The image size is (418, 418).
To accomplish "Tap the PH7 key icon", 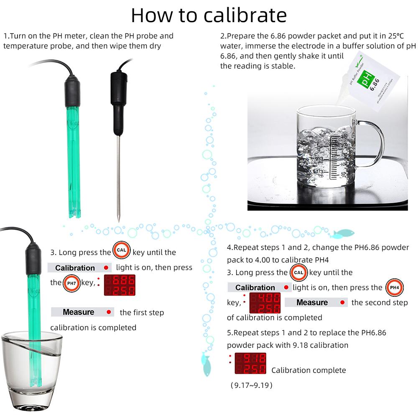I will (x=71, y=283).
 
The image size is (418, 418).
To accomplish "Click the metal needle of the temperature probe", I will (x=118, y=176).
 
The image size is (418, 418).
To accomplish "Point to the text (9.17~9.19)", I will (x=251, y=385).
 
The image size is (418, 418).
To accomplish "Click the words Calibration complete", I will (x=308, y=370).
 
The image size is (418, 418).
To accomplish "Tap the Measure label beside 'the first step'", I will (x=79, y=312).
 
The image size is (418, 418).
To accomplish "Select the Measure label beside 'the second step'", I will (x=312, y=302).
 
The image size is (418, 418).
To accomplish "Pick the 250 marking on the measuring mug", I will (x=344, y=136).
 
